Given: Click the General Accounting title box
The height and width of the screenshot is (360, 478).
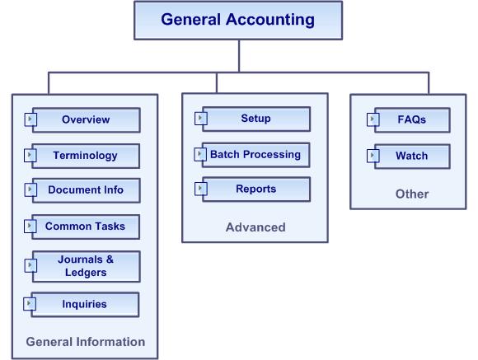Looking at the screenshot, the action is (x=238, y=21).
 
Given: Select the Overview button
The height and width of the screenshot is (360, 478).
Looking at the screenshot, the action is (x=87, y=119).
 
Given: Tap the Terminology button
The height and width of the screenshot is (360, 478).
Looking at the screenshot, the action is (x=86, y=156).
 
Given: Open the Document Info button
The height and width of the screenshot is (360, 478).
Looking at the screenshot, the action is (x=87, y=190).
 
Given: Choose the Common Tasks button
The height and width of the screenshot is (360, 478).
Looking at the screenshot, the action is (x=86, y=227).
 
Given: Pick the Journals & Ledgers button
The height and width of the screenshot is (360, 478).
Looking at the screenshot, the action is (x=87, y=266).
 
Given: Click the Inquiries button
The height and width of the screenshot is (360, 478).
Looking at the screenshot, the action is (x=85, y=305).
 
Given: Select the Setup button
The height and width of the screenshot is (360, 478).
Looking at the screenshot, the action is (x=256, y=119).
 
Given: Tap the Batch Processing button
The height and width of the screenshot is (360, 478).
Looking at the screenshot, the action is (x=256, y=155).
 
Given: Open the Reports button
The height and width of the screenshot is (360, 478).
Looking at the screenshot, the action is (x=256, y=189).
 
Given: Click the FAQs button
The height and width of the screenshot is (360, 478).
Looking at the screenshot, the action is (x=412, y=119).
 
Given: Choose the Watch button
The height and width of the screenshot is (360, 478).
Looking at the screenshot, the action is (x=412, y=156).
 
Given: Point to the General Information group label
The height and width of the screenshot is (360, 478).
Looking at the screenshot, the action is (x=86, y=342).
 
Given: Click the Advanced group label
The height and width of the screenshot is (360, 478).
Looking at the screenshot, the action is (x=255, y=227).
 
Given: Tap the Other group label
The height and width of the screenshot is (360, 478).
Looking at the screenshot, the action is (x=412, y=194).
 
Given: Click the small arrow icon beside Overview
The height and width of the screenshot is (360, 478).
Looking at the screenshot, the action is (x=30, y=119).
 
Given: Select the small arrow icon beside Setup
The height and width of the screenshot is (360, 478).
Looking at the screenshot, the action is (x=200, y=119).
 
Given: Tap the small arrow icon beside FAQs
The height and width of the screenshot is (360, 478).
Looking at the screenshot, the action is (x=373, y=119).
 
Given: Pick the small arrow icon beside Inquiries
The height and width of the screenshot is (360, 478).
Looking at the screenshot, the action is (x=30, y=304).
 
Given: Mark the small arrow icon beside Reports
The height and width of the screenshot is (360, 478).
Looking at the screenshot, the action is (x=200, y=189).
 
